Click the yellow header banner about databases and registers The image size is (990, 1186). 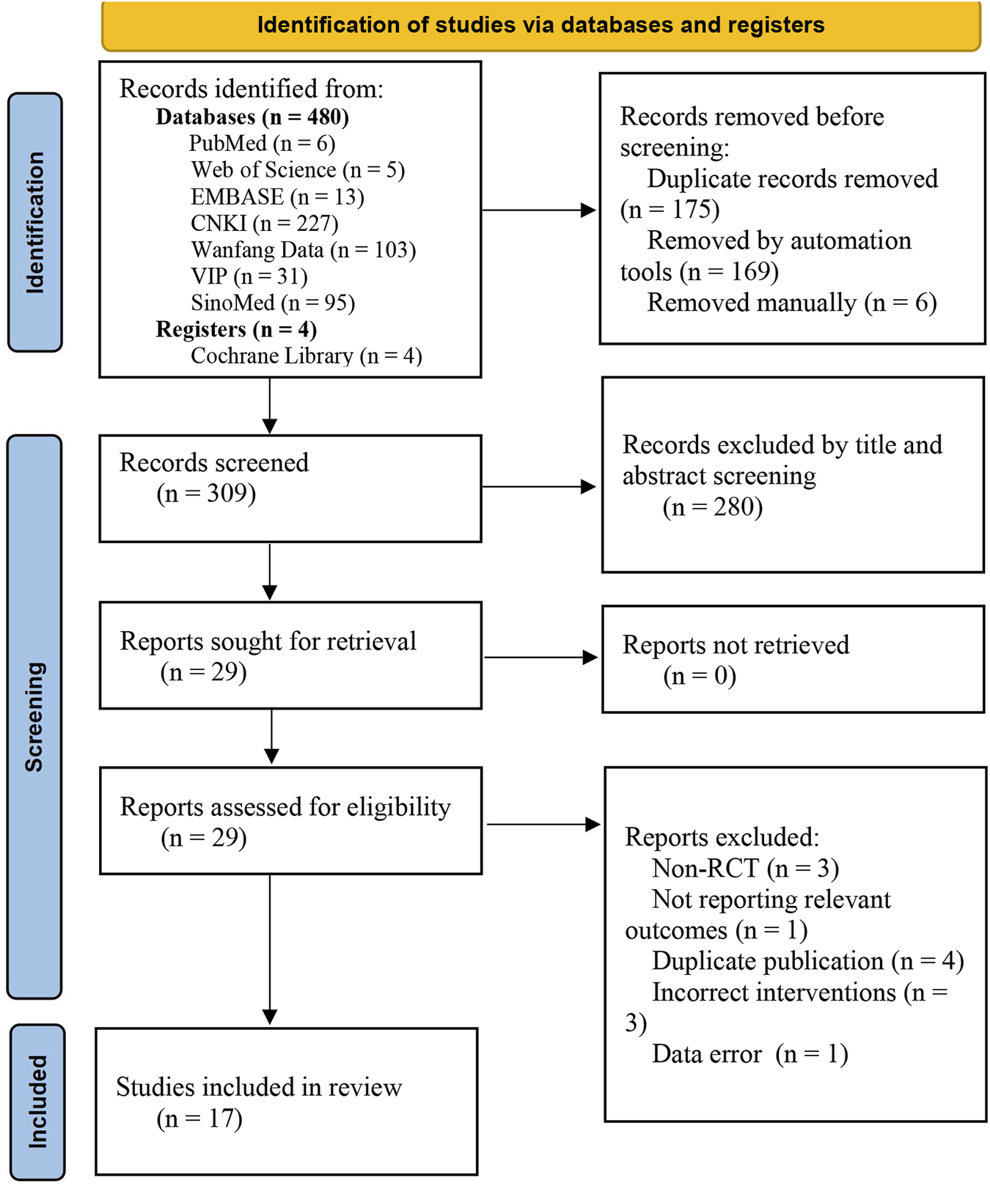coord(540,26)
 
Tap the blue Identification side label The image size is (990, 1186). coord(34,222)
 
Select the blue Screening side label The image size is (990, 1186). coord(34,716)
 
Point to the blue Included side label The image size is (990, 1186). coord(37,1101)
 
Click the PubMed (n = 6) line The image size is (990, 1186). coord(262,144)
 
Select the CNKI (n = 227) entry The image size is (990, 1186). coord(264,223)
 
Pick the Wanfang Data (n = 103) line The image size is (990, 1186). coord(303,250)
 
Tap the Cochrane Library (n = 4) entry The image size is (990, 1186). coord(306,356)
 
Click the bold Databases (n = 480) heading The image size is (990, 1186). coord(252,117)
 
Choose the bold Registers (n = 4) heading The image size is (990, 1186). coord(236,329)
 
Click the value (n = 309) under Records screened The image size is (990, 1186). coord(206,493)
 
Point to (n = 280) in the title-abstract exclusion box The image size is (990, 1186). coord(712,507)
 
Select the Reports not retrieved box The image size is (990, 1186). coord(792,659)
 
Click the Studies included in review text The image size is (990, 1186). coord(259,1087)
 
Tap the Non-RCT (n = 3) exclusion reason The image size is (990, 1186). coord(744,869)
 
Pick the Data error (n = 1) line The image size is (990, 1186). coord(749,1054)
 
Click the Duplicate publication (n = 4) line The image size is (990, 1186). coord(807,961)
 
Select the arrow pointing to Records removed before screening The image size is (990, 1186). coord(539,210)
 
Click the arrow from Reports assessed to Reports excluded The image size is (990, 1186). coord(543,825)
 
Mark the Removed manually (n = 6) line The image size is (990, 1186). coord(791,303)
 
